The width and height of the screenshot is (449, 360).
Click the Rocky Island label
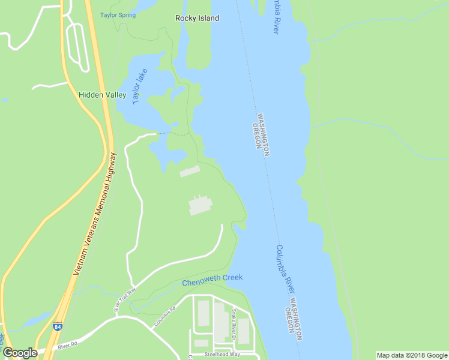[197, 18]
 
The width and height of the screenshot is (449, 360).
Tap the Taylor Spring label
[118, 15]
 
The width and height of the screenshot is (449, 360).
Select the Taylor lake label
[140, 88]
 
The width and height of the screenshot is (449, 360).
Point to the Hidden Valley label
[103, 95]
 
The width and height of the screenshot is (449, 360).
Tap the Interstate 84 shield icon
[57, 327]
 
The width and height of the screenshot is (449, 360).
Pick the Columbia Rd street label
[163, 317]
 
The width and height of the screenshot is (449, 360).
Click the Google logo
[20, 353]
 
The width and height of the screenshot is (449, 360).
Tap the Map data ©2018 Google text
[411, 355]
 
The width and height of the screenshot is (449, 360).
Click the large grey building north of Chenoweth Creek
[200, 205]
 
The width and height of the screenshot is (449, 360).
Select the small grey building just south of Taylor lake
[189, 172]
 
